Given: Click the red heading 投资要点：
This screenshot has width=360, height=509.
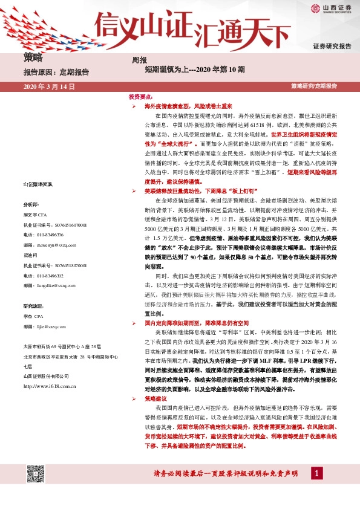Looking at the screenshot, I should (140, 97).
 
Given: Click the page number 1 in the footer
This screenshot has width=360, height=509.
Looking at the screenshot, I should (318, 473).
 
